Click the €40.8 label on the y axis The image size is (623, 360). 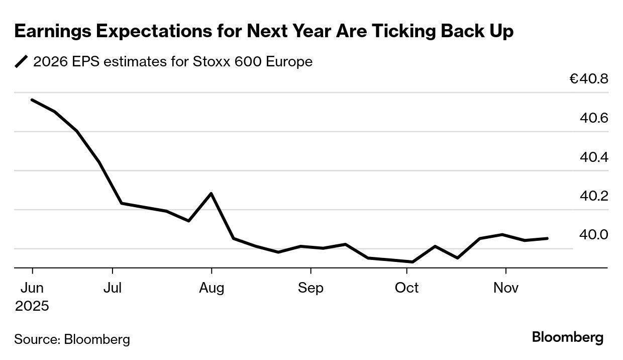(x=589, y=79)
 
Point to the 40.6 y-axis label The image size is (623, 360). (x=594, y=118)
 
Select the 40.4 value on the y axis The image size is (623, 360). (x=594, y=157)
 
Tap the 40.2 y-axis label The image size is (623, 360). (x=594, y=196)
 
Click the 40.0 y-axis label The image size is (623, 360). (x=594, y=235)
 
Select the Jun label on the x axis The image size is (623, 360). (x=32, y=288)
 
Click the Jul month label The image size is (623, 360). (x=113, y=288)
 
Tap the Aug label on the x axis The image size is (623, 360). (x=212, y=288)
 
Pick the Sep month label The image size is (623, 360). (x=310, y=288)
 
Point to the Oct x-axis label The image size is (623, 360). (x=406, y=288)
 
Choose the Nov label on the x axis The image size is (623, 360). (x=505, y=288)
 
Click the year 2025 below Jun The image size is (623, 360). (x=32, y=306)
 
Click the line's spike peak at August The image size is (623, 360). (x=211, y=194)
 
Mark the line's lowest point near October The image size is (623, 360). (x=412, y=262)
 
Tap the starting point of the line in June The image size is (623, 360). (x=32, y=100)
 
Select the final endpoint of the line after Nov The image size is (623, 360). (x=547, y=238)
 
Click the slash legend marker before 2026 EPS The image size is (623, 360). (x=22, y=62)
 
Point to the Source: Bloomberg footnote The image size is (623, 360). (x=72, y=339)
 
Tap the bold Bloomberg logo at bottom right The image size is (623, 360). (x=568, y=337)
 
